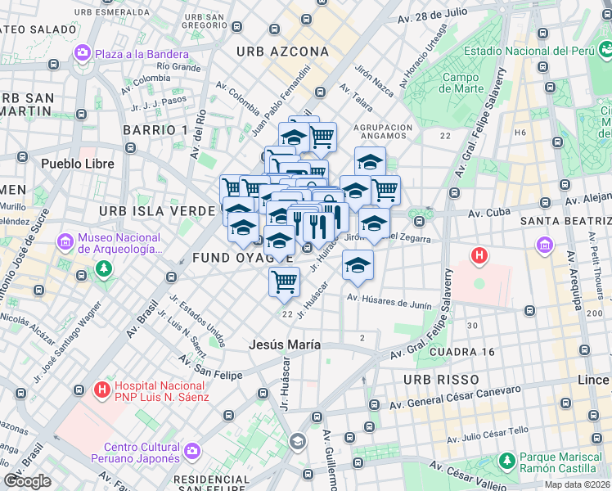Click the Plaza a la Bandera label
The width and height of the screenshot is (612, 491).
pyautogui.click(x=142, y=54)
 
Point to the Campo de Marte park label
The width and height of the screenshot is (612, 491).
pyautogui.click(x=461, y=83)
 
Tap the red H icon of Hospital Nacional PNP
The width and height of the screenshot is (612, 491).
pyautogui.click(x=102, y=390)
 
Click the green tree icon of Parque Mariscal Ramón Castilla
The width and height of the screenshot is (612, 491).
pyautogui.click(x=507, y=462)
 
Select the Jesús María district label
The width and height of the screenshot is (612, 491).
pyautogui.click(x=285, y=345)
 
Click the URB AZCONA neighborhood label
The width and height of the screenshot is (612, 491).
pyautogui.click(x=282, y=52)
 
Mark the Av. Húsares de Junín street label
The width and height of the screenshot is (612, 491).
pyautogui.click(x=390, y=303)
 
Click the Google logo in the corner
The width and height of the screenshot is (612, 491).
pyautogui.click(x=27, y=481)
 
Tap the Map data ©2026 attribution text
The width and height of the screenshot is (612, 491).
pyautogui.click(x=577, y=484)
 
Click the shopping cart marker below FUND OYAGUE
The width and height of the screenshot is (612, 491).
pyautogui.click(x=284, y=282)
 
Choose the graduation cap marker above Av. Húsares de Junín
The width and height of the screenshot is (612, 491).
pyautogui.click(x=358, y=264)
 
